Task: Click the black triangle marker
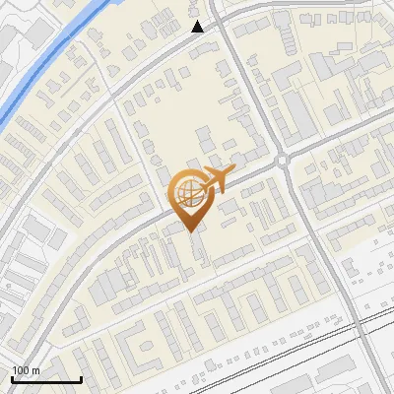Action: coord(198,27)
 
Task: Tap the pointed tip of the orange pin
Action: coord(189,231)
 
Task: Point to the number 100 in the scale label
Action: coord(22,369)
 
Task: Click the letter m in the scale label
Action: coord(35,369)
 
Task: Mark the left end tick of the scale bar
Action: coord(13,378)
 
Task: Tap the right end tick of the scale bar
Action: coord(81,378)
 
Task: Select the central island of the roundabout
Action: coord(283,160)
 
